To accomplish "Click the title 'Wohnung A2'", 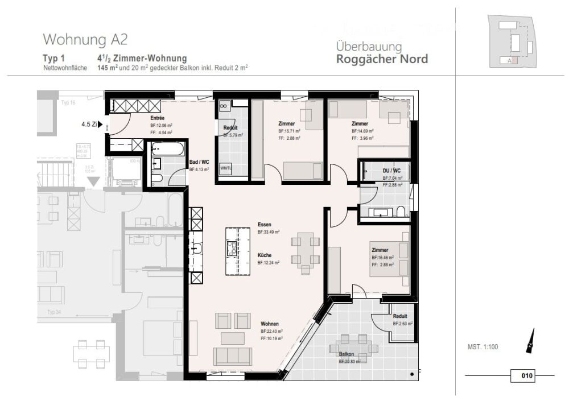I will tap(85, 40).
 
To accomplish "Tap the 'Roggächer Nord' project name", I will tap(382, 59).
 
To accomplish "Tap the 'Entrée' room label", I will tap(126, 118).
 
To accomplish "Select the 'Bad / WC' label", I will tap(199, 162).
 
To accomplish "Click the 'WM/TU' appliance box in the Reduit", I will tap(225, 168).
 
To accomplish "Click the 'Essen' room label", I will tap(264, 224).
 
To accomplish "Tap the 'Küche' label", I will tap(264, 255).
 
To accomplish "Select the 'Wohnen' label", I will tap(269, 324).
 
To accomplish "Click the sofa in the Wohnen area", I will tap(232, 357).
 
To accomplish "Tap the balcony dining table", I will tap(353, 345).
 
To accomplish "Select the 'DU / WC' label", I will tap(392, 171).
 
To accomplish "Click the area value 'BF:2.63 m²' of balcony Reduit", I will tap(403, 323).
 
